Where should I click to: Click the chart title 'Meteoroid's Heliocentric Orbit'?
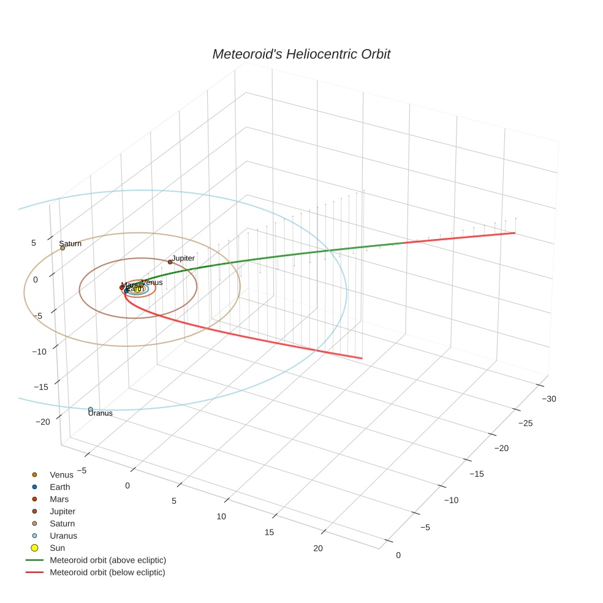tap(301, 55)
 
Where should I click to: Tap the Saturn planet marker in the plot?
tap(63, 248)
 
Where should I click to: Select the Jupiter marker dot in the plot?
tap(170, 262)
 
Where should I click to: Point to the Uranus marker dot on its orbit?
tap(91, 409)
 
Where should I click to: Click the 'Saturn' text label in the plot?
tap(70, 243)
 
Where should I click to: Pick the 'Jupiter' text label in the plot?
tap(183, 258)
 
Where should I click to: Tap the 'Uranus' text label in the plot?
tap(100, 414)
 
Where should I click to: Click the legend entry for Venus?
tap(61, 474)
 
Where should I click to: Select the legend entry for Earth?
tap(60, 487)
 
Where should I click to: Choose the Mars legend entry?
tap(59, 499)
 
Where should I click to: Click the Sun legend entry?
tap(57, 548)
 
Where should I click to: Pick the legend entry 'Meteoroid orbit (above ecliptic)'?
tap(108, 560)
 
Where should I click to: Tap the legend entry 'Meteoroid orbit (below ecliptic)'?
tap(107, 572)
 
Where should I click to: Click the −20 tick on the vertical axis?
tap(43, 422)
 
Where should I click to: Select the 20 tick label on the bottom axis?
tap(317, 548)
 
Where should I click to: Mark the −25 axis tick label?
tap(526, 423)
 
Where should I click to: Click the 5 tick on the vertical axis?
tap(34, 243)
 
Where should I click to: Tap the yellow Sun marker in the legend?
tap(34, 548)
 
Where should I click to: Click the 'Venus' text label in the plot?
tap(152, 283)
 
